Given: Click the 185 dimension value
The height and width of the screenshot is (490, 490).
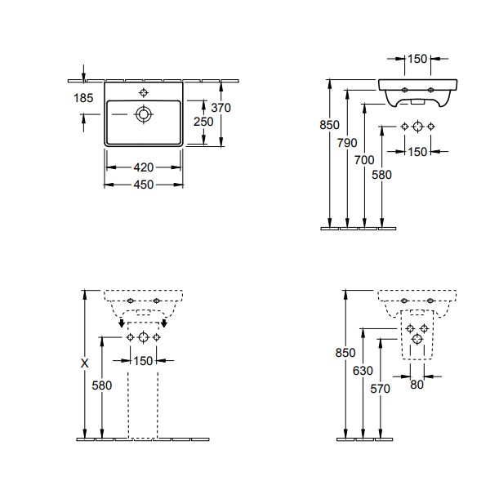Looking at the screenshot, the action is (83, 98).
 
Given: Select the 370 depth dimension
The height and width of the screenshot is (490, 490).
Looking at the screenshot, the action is (221, 108).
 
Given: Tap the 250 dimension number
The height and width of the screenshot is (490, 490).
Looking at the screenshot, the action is (203, 122).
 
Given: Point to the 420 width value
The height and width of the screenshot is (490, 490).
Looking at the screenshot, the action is (144, 167).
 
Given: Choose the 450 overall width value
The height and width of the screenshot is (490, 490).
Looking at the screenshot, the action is (144, 185).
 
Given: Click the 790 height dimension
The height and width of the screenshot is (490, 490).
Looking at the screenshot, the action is (347, 143).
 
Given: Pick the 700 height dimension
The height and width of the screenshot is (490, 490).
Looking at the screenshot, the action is (364, 160).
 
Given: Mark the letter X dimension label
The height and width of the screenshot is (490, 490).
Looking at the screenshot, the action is (84, 363).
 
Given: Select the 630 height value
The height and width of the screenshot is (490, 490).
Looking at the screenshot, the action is (363, 371).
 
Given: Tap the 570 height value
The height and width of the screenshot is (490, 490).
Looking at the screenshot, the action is (380, 389).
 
